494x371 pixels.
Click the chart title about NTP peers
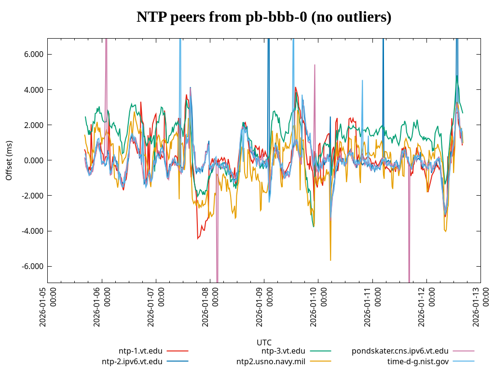pos(264,17)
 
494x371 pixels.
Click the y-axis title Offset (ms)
pos(9,160)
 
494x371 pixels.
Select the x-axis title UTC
pos(264,342)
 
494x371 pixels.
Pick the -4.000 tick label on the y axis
pos(32,231)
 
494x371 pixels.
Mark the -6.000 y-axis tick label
pos(32,266)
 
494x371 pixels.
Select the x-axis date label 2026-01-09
pos(264,307)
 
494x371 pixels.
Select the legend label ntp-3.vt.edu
pos(283,351)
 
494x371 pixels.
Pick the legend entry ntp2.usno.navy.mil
pos(271,361)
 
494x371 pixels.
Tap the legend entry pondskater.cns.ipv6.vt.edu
pos(400,351)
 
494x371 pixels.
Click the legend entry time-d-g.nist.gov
pos(418,361)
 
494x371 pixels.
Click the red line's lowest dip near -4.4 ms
pos(198,238)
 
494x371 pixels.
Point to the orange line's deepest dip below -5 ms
pos(330,260)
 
